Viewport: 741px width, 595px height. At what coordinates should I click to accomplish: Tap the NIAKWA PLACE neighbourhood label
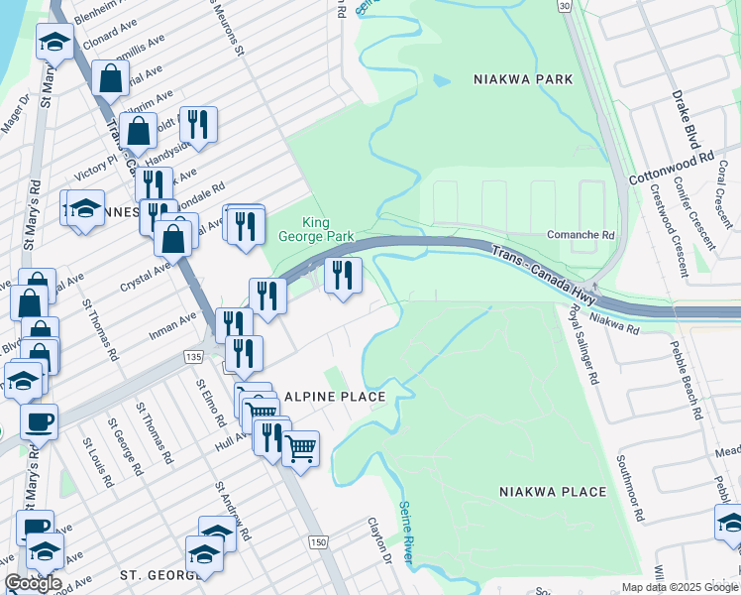pyautogui.click(x=553, y=492)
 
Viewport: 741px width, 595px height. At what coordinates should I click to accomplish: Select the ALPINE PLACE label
pyautogui.click(x=334, y=396)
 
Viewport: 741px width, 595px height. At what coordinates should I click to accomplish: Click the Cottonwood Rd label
pyautogui.click(x=671, y=169)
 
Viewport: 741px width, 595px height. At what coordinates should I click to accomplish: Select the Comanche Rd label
pyautogui.click(x=582, y=236)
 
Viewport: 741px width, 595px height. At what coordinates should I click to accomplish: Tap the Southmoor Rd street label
pyautogui.click(x=630, y=489)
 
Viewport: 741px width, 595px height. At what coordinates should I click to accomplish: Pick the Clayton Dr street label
pyautogui.click(x=380, y=541)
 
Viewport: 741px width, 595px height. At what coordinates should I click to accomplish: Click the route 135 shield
pyautogui.click(x=192, y=355)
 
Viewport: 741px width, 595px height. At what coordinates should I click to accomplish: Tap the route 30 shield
pyautogui.click(x=564, y=6)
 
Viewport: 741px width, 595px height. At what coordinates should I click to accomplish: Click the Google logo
pyautogui.click(x=33, y=583)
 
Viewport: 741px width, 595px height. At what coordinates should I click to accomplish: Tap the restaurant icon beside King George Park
pyautogui.click(x=343, y=275)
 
